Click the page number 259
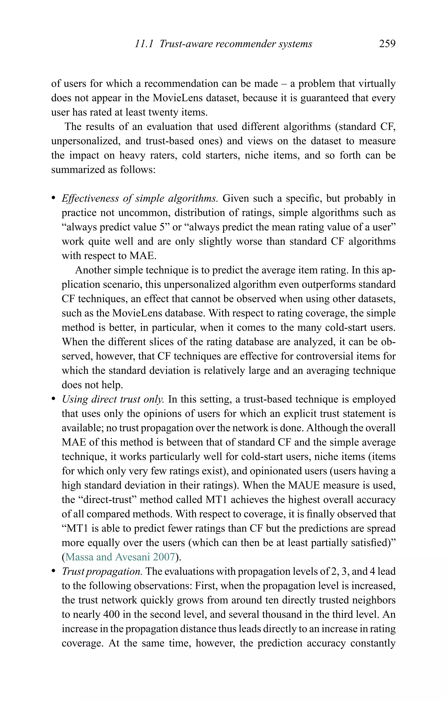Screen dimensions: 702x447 click(x=387, y=44)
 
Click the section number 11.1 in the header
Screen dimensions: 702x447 click(x=144, y=44)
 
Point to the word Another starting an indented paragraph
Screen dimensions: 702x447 click(x=93, y=270)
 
